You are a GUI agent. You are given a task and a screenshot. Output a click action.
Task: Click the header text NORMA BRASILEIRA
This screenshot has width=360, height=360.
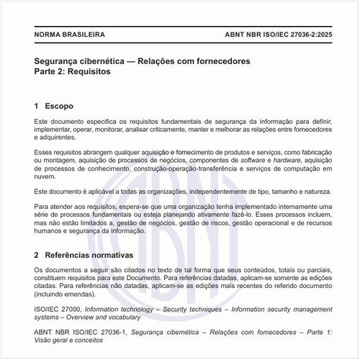point(70,35)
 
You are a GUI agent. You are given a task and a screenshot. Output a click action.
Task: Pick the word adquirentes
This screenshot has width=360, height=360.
point(54,137)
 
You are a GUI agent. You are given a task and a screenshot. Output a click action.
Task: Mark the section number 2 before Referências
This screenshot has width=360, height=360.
point(36,255)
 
